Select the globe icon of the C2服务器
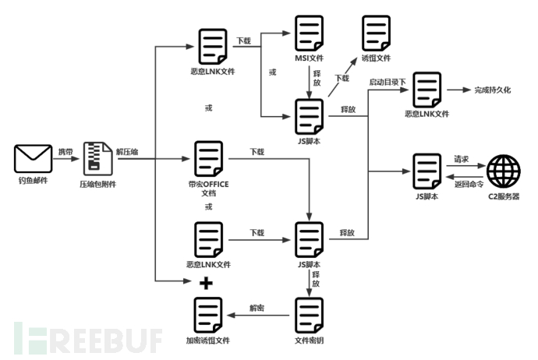(504, 171)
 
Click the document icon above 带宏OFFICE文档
(208, 159)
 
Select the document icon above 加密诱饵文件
(208, 315)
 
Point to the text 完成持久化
(492, 91)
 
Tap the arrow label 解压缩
(129, 150)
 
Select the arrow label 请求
(462, 158)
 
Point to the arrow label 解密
(257, 308)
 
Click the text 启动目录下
(388, 82)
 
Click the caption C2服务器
(504, 196)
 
